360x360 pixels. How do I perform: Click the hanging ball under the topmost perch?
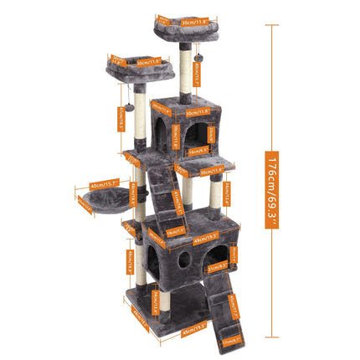206,57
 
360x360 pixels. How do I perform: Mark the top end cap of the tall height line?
272,25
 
